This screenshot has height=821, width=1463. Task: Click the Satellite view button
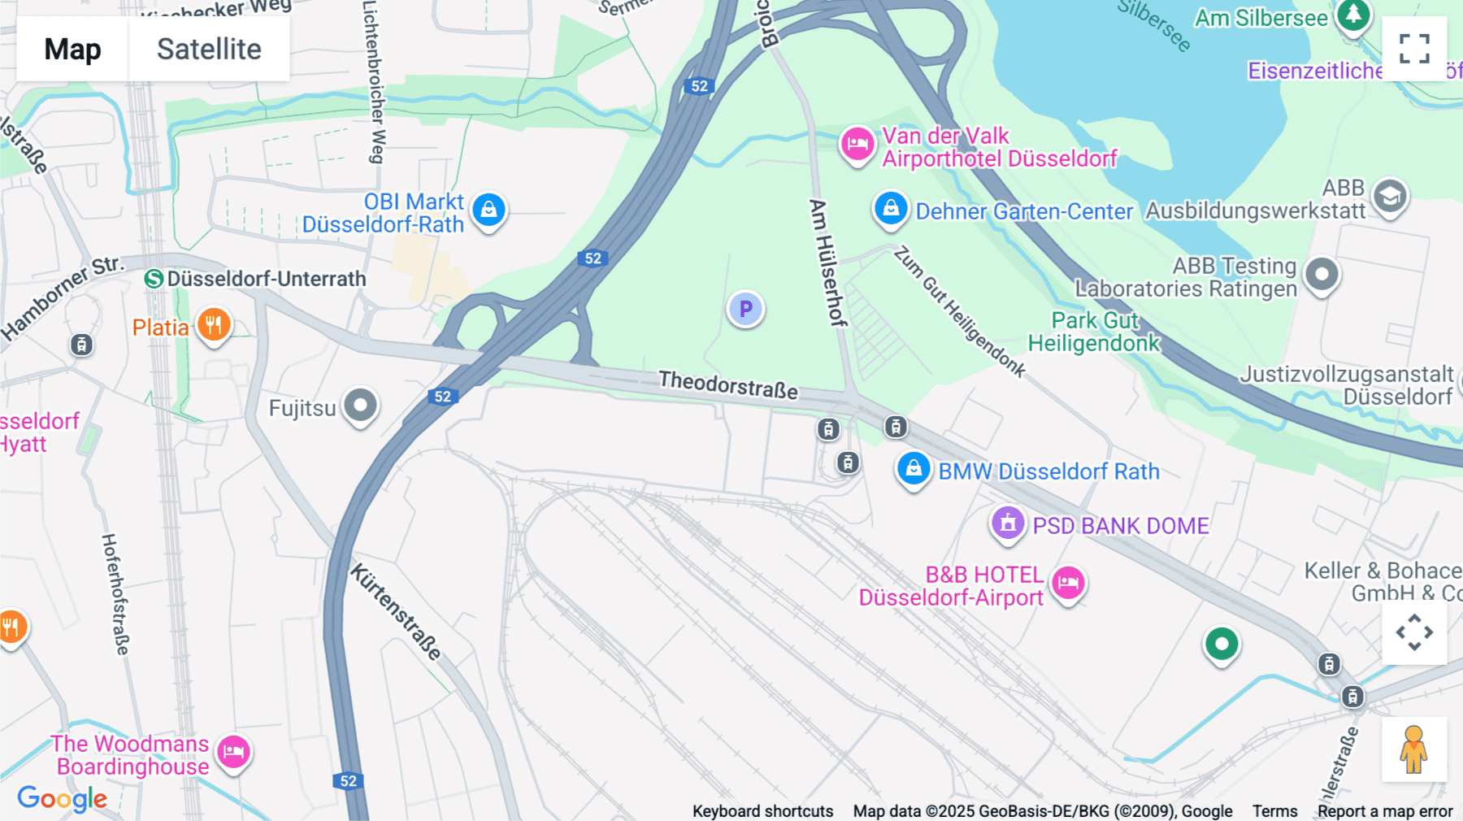pyautogui.click(x=209, y=49)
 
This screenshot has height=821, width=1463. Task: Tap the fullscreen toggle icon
pyautogui.click(x=1414, y=49)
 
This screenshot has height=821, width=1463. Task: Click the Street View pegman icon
pyautogui.click(x=1413, y=749)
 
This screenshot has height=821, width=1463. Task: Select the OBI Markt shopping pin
pyautogui.click(x=488, y=211)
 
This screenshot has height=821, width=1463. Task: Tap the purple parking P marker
pyautogui.click(x=745, y=309)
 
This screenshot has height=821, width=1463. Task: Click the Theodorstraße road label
pyautogui.click(x=727, y=384)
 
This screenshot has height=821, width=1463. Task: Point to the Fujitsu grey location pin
pyautogui.click(x=360, y=405)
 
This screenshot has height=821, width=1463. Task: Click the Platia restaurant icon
pyautogui.click(x=214, y=325)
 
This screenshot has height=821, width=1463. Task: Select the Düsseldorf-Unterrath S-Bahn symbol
pyautogui.click(x=154, y=279)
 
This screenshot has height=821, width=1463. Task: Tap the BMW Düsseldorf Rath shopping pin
pyautogui.click(x=914, y=469)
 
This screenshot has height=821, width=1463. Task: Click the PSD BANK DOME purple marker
pyautogui.click(x=1008, y=523)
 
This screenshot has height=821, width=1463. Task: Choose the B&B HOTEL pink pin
pyautogui.click(x=1068, y=583)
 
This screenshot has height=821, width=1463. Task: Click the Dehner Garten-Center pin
pyautogui.click(x=891, y=209)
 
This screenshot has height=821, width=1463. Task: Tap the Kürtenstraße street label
pyautogui.click(x=396, y=611)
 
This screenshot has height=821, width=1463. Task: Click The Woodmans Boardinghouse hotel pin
pyautogui.click(x=233, y=752)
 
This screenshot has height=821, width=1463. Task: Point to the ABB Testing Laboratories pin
pyautogui.click(x=1322, y=275)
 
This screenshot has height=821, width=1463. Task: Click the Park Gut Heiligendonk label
pyautogui.click(x=1094, y=332)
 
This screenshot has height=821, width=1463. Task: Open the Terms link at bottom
pyautogui.click(x=1274, y=810)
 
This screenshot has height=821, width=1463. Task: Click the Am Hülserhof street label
pyautogui.click(x=827, y=262)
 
